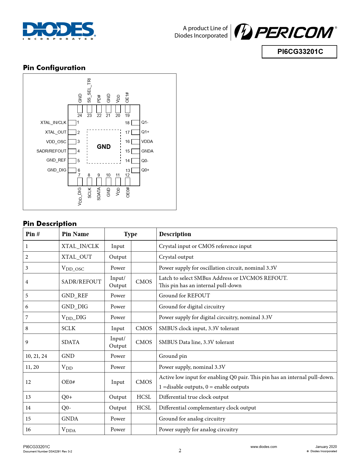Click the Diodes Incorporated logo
tap(59, 31)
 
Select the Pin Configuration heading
tap(54, 68)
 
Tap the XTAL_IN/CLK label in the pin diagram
tap(53, 123)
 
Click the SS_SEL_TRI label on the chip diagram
tap(89, 90)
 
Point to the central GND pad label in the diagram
tap(104, 147)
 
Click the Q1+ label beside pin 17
tap(145, 132)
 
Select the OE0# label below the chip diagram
tap(128, 192)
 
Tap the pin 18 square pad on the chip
tap(136, 123)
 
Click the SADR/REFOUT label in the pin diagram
tap(51, 151)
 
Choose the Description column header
tap(175, 234)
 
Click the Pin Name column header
tap(75, 234)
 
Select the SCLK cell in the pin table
tap(69, 328)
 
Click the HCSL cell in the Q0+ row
tap(144, 397)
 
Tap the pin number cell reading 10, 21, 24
tap(36, 356)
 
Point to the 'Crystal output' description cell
tap(176, 257)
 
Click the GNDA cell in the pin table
tap(70, 419)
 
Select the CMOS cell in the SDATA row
tap(144, 342)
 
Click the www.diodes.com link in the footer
tap(263, 447)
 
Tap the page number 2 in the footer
tap(180, 450)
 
